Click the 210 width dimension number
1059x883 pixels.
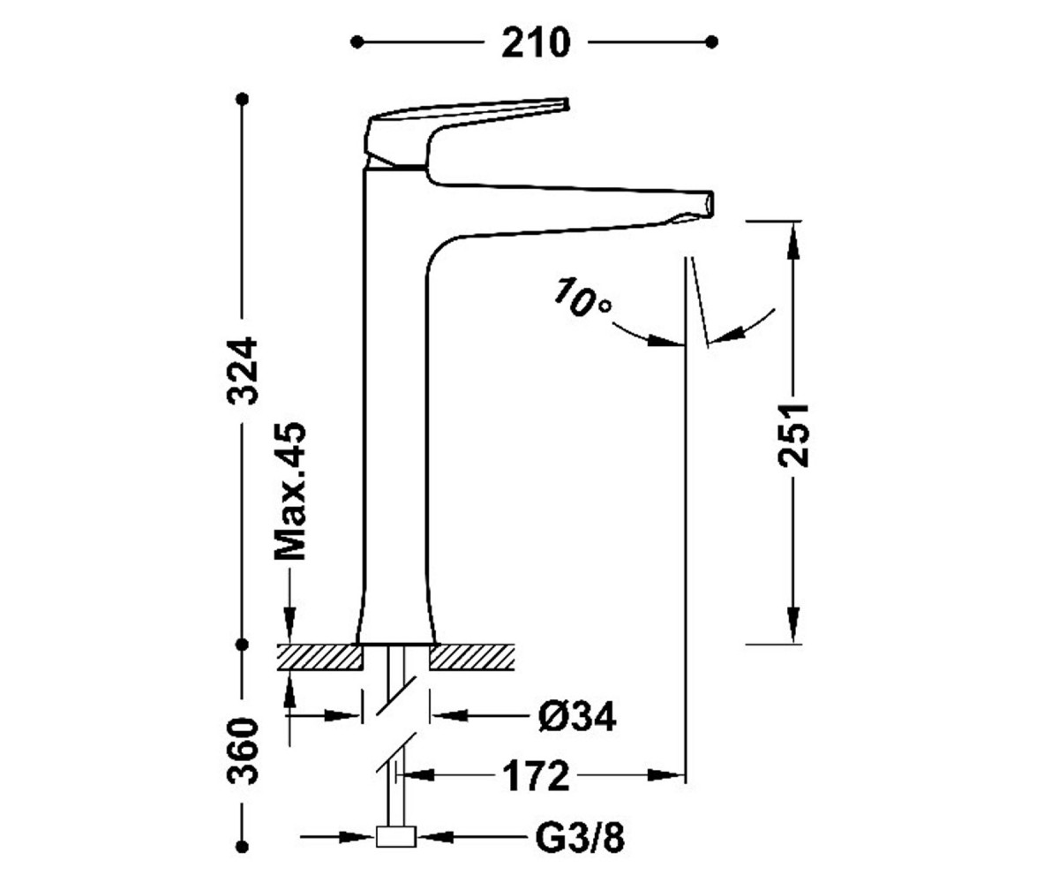click(536, 43)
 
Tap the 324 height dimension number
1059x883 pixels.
click(242, 371)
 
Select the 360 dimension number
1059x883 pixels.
click(242, 751)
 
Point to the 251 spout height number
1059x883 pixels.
click(792, 434)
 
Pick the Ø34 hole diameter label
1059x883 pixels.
click(577, 716)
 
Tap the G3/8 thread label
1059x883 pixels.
click(580, 840)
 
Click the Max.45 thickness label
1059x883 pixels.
click(290, 490)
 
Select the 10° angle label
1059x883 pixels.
click(582, 298)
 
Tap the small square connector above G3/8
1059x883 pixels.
click(395, 837)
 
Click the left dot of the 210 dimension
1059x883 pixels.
click(357, 42)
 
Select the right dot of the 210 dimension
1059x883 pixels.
click(711, 42)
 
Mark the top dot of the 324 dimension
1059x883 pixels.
click(243, 98)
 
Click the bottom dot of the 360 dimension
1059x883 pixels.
click(243, 846)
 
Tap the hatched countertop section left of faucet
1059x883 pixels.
click(319, 657)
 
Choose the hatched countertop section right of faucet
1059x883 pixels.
click(472, 657)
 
